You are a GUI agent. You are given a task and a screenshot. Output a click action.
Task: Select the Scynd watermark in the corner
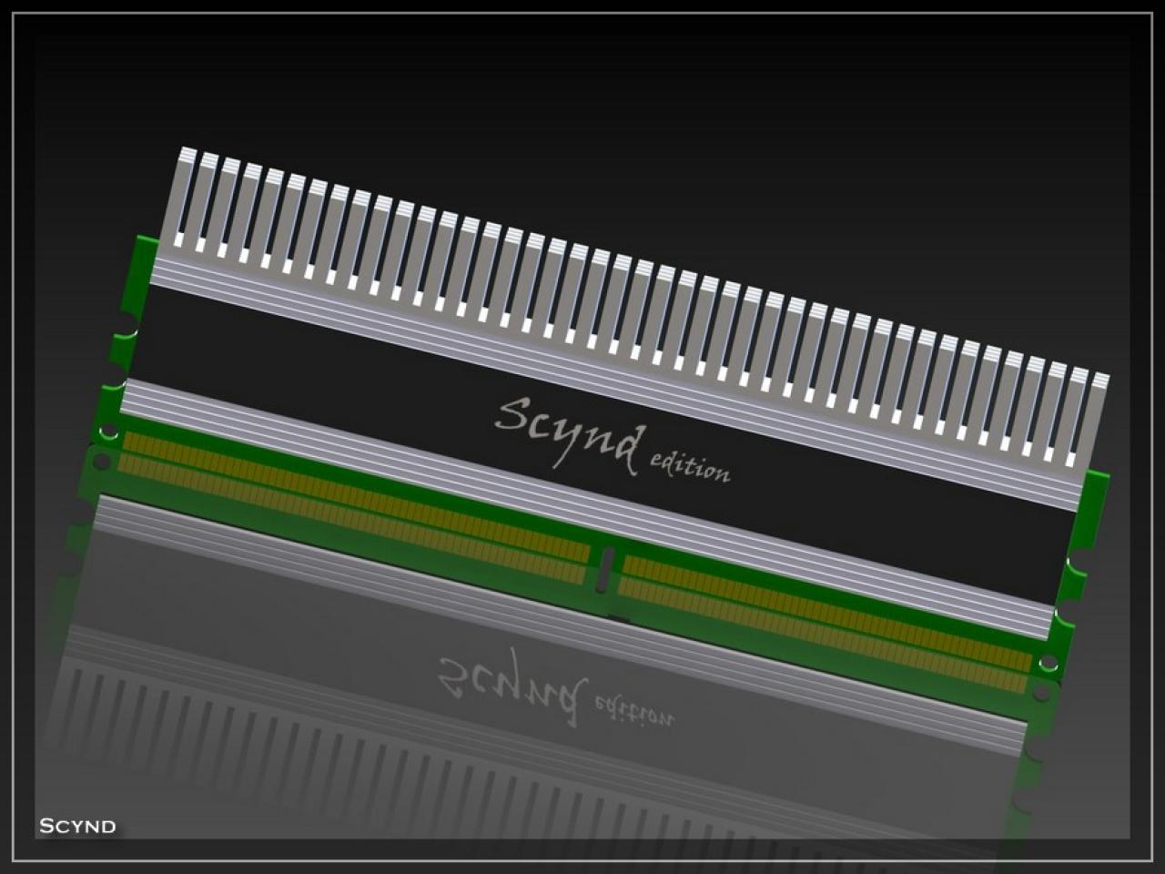coord(77,826)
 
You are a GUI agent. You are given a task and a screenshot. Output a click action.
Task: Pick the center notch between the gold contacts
coord(605,569)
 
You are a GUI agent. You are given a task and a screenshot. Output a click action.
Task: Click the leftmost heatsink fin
coord(179,198)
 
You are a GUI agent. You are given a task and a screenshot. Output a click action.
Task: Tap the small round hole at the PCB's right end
coord(1048,663)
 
